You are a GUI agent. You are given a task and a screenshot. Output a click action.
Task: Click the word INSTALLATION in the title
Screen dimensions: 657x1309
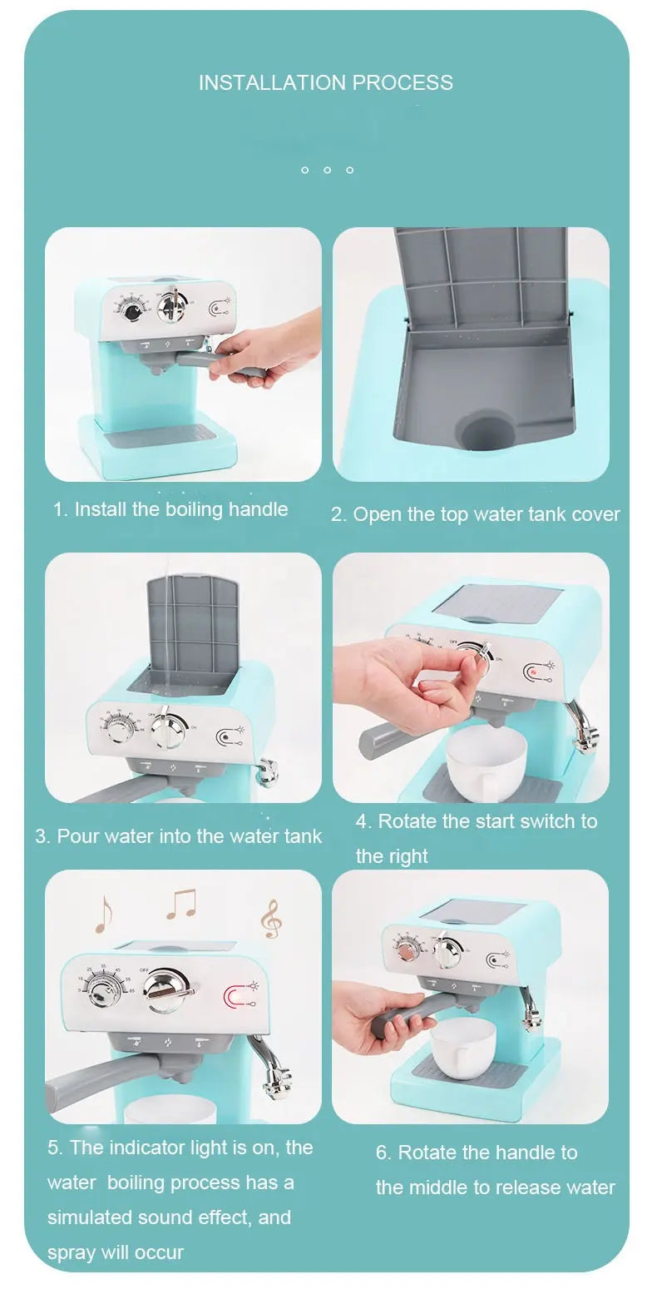273,82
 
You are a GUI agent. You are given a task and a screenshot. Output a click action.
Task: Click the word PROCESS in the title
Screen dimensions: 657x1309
403,82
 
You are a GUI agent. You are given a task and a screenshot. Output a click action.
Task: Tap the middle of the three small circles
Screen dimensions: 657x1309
327,170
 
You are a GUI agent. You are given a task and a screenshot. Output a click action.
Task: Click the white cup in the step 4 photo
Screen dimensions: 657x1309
486,762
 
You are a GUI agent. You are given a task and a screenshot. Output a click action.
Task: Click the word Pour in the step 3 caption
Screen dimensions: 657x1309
72,836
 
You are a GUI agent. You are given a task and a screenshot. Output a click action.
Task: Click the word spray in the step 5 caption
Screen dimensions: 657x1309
72,1252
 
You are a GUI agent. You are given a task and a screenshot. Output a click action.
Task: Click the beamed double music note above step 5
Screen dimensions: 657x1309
181,904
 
